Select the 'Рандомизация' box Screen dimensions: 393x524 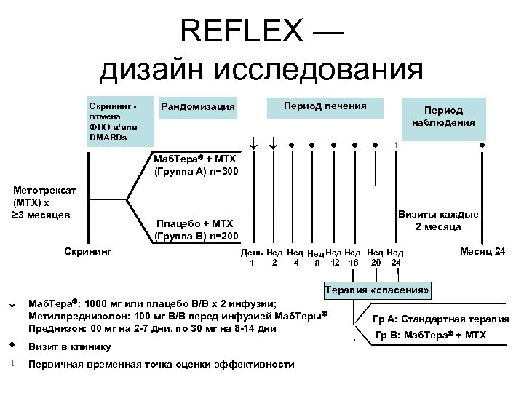point(198,108)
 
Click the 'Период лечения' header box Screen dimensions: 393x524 point(325,106)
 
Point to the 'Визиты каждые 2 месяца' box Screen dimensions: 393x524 point(438,221)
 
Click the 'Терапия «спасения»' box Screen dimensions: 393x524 point(378,290)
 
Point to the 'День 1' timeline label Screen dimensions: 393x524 point(252,257)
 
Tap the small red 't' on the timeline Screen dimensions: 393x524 point(396,144)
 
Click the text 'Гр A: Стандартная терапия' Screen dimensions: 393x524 point(440,319)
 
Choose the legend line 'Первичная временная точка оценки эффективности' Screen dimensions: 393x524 point(161,364)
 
